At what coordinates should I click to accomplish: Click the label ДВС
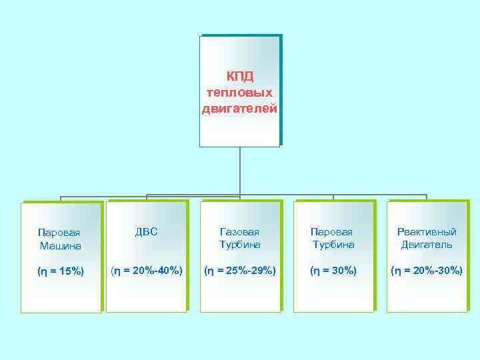tap(146, 231)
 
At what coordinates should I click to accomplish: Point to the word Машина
tap(60, 245)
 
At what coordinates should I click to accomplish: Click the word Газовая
tap(240, 232)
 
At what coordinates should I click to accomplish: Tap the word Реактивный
tap(427, 232)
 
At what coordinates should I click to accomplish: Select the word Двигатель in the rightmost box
tap(427, 245)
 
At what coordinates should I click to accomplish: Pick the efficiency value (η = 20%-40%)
tap(146, 270)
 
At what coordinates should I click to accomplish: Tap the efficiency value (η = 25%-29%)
tap(240, 270)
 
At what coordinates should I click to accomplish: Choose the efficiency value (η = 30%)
tap(333, 270)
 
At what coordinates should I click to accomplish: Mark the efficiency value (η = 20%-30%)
tap(427, 270)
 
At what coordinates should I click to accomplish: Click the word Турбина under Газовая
tap(240, 245)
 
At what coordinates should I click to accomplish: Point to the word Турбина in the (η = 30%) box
tap(333, 245)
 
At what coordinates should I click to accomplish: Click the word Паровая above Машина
tap(59, 233)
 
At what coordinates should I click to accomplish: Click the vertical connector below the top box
tap(240, 170)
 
